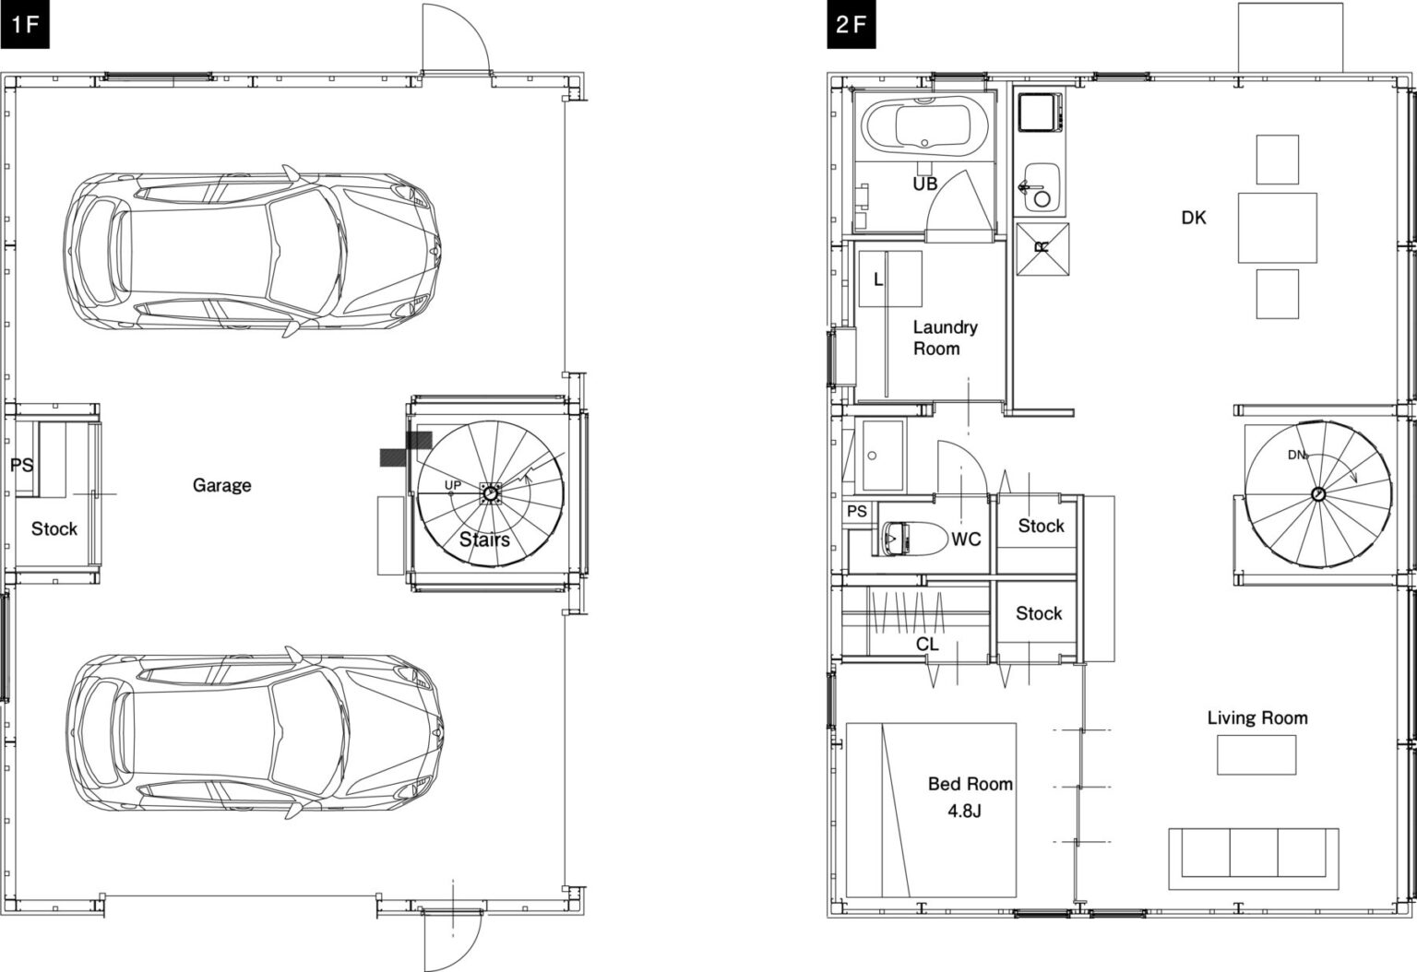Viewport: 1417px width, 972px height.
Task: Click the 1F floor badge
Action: [24, 24]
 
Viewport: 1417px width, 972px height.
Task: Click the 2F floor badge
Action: [851, 24]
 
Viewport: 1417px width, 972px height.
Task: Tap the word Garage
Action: [222, 485]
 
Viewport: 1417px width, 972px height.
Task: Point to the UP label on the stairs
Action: [452, 485]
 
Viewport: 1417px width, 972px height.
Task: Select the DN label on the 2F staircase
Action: [1295, 455]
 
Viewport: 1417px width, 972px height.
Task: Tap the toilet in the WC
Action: [897, 539]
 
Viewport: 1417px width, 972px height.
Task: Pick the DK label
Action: [1194, 218]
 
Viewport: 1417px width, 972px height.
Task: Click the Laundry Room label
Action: [945, 338]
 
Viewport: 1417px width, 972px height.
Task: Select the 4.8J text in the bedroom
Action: [964, 811]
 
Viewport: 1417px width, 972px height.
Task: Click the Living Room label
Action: [1257, 717]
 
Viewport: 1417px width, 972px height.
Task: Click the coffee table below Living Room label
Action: [1256, 754]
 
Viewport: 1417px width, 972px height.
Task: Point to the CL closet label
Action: [927, 645]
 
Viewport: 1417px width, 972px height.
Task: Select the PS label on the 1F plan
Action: [21, 466]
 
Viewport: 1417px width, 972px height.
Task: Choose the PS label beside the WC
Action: [856, 511]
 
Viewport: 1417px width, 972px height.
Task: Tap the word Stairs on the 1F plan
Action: [484, 539]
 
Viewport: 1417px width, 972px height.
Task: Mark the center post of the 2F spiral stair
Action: [1318, 494]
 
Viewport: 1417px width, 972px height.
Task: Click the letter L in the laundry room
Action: [878, 279]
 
